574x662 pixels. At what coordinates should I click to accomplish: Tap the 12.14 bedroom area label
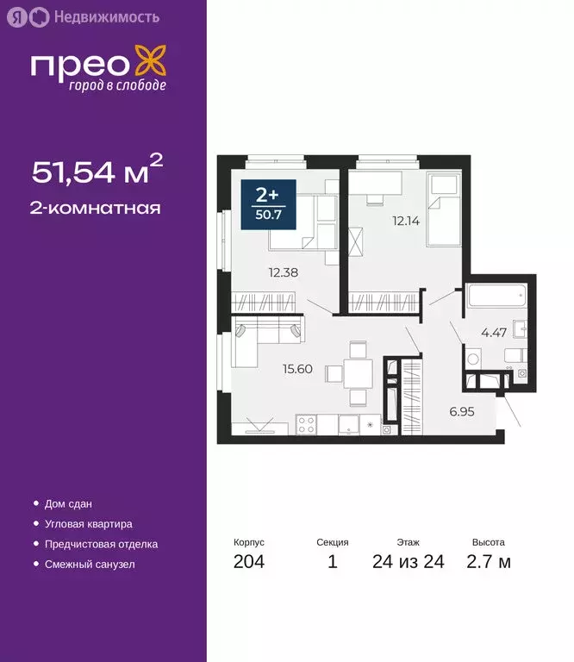click(406, 220)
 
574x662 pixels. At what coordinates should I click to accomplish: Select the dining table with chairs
click(358, 373)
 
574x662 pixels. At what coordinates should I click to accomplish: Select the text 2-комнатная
click(97, 208)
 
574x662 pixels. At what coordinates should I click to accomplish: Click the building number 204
click(248, 563)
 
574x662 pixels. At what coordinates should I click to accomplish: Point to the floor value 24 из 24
click(409, 563)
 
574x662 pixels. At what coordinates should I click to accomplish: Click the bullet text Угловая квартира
click(89, 524)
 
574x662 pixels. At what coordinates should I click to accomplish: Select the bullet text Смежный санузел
click(90, 565)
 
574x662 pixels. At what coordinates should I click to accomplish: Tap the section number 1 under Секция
click(333, 563)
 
